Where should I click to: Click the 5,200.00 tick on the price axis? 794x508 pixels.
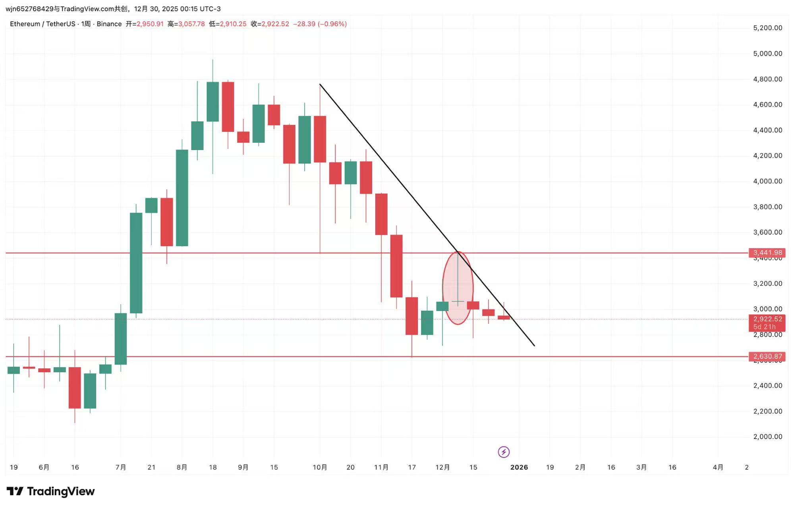767,28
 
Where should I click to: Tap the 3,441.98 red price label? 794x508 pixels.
767,252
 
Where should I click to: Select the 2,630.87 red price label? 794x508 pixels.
767,356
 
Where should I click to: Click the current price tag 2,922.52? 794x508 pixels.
767,319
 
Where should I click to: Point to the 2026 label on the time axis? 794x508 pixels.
519,467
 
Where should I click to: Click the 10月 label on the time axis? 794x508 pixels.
320,467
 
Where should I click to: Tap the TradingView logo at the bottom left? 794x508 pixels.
51,491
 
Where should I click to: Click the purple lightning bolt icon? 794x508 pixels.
504,452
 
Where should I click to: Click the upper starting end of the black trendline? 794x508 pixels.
320,85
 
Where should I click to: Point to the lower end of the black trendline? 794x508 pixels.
534,346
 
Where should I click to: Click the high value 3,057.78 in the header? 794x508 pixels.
191,24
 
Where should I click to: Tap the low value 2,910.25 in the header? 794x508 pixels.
233,24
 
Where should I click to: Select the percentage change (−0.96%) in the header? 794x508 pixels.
332,24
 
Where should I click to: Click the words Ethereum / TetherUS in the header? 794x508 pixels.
43,24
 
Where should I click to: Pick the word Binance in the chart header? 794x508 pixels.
109,24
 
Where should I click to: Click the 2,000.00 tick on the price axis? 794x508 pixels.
767,437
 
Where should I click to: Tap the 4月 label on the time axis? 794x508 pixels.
718,467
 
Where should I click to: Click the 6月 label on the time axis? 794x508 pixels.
44,467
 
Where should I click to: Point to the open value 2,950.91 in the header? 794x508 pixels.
150,24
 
